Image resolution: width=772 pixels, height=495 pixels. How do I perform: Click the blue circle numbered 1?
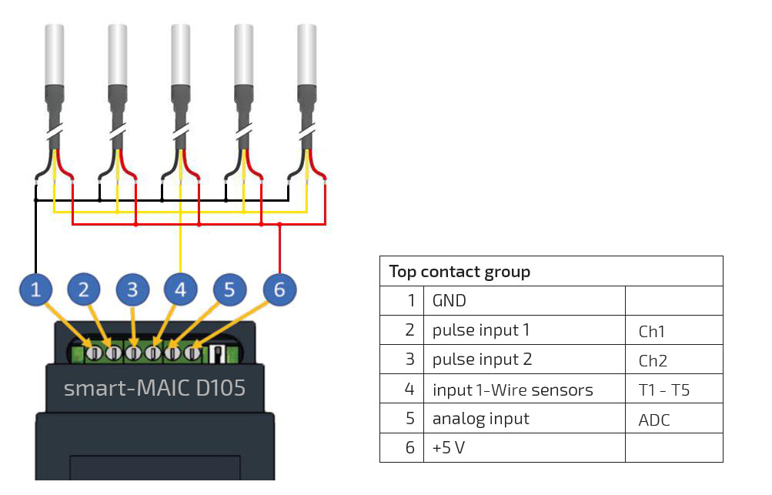point(35,289)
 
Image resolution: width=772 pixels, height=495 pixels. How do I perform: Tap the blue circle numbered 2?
point(84,289)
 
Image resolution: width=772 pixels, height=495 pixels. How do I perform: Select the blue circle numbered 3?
point(132,289)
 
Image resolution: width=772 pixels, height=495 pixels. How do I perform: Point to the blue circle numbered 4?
point(181,289)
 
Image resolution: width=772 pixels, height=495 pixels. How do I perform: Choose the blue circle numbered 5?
point(229,289)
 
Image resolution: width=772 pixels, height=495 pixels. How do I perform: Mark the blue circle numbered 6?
point(279,289)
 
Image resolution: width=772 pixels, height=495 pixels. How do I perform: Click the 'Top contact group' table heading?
point(460,272)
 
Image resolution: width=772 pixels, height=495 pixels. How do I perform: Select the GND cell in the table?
point(449,301)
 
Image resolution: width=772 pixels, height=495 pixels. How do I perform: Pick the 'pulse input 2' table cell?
point(482,360)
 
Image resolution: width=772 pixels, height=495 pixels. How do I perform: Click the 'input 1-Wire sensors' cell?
point(513,390)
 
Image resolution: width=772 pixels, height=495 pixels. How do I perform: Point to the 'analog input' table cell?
point(480,419)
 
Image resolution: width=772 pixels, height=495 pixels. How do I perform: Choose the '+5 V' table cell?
point(449,447)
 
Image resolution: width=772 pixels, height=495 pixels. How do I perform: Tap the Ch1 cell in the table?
point(652,332)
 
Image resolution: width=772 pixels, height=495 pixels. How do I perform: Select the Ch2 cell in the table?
point(653,360)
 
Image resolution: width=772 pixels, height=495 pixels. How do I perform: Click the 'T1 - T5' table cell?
point(664,390)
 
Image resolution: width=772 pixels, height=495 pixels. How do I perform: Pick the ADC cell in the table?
point(654,420)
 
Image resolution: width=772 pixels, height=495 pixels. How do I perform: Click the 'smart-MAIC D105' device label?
point(155,387)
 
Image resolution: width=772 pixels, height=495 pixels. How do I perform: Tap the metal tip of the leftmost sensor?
point(55,54)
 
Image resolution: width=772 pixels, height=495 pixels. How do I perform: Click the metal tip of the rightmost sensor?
point(307,54)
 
